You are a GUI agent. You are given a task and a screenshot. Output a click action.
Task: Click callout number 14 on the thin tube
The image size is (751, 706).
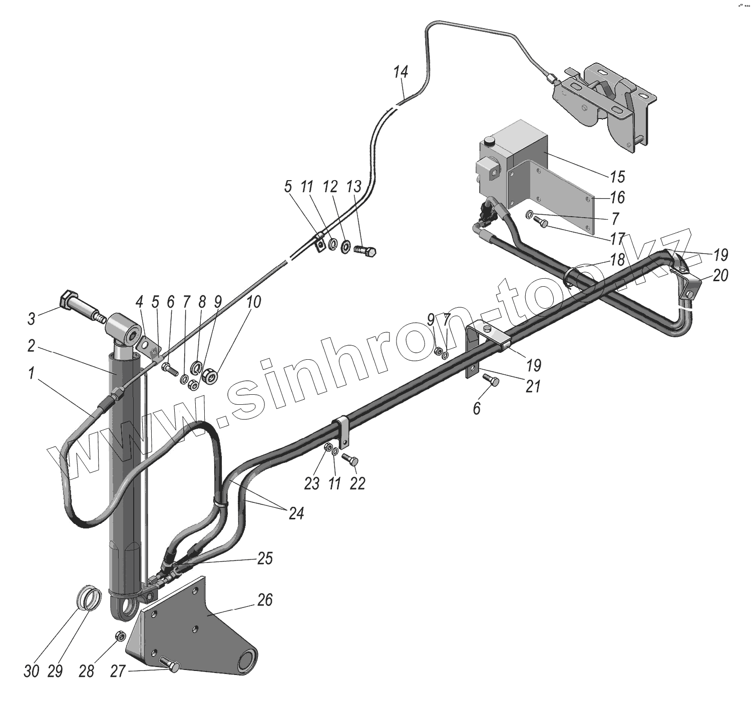point(401,72)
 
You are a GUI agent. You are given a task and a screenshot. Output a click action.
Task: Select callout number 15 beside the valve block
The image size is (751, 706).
point(617,177)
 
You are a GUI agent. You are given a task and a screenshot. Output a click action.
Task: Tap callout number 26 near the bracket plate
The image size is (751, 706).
point(265,600)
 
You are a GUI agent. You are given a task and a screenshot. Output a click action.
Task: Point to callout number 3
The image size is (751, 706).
point(32,318)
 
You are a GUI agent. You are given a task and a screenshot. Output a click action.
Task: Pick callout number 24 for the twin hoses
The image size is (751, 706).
point(296,513)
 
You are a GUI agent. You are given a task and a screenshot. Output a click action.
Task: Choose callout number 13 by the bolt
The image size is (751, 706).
point(353,188)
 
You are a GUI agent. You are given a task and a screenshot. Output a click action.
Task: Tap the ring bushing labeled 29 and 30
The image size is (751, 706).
point(91,597)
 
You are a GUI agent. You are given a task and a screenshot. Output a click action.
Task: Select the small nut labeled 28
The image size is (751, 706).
point(120,636)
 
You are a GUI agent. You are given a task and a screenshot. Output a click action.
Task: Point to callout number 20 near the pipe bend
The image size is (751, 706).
point(720,276)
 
